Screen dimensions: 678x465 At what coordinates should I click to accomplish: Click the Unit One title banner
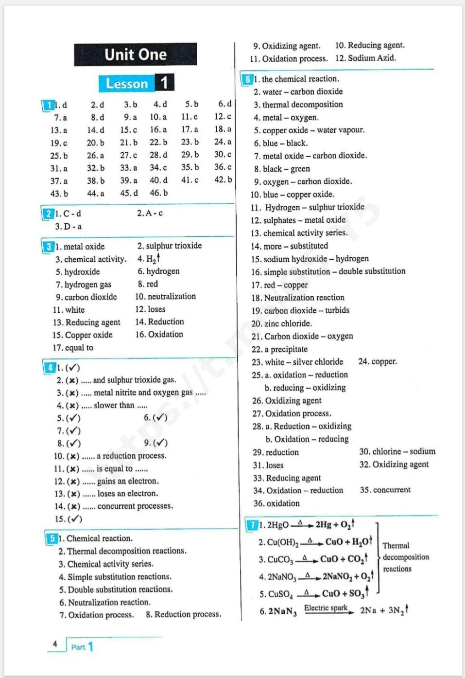point(136,54)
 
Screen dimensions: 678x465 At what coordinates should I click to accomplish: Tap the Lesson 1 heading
point(136,83)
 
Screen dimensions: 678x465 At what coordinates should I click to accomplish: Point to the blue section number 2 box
point(48,214)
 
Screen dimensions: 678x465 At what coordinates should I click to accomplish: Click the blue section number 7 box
point(252,525)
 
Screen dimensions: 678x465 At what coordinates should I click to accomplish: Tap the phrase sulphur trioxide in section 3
point(173,246)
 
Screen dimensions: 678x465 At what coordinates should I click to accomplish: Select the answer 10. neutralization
point(165,296)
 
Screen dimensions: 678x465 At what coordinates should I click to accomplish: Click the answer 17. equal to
point(73,348)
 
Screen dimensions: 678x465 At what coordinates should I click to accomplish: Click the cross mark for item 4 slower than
point(72,406)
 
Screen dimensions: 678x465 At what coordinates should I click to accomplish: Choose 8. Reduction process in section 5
point(183,614)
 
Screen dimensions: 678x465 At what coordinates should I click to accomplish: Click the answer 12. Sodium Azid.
point(365,58)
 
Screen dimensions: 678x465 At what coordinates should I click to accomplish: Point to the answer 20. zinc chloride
point(282,323)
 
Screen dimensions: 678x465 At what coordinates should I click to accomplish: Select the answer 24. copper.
point(378,361)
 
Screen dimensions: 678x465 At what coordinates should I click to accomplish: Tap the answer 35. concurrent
point(385,490)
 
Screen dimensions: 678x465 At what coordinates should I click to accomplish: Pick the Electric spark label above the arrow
point(326,608)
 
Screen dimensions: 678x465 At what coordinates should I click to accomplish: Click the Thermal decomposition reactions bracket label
point(405,557)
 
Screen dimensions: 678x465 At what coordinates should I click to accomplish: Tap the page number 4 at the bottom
point(55,644)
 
